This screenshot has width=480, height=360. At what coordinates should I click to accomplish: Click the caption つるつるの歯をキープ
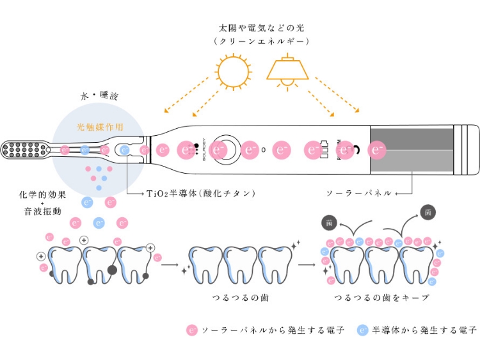click(x=381, y=298)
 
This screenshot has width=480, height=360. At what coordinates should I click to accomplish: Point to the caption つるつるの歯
click(x=240, y=298)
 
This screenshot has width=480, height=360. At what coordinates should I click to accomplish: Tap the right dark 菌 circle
click(x=426, y=213)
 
